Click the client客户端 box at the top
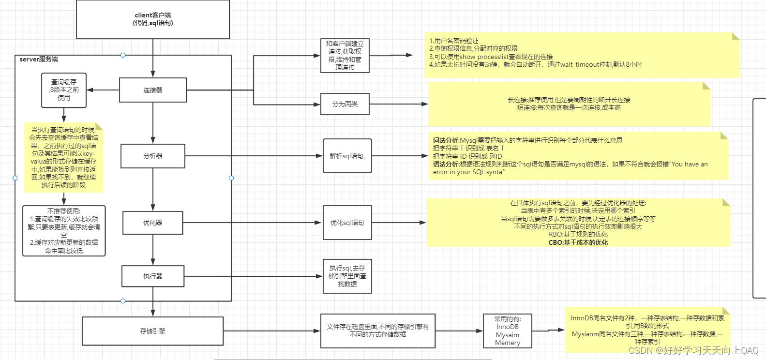(153, 19)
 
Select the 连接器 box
(153, 90)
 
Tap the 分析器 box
(153, 156)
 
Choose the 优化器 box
(153, 223)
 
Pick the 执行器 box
(153, 276)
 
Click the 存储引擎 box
(153, 331)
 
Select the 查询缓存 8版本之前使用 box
(64, 90)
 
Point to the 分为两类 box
(345, 104)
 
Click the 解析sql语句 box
(347, 156)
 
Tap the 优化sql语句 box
(347, 223)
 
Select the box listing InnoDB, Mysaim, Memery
(508, 331)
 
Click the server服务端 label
(39, 59)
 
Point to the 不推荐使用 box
(64, 231)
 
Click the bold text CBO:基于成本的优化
(578, 242)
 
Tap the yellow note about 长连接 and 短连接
(569, 104)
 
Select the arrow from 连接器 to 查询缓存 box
(103, 90)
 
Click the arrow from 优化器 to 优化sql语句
(252, 223)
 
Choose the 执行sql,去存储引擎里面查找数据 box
(347, 276)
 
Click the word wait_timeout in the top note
(580, 64)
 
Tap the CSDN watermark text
(693, 350)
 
